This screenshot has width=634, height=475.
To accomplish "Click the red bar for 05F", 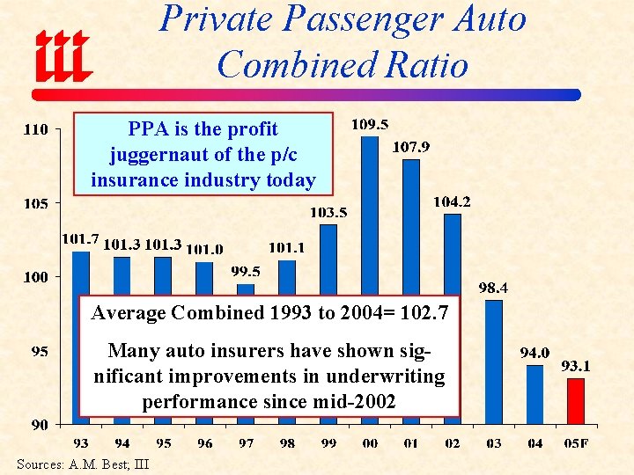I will tap(576, 401).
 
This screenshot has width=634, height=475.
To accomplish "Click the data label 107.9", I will tap(410, 147).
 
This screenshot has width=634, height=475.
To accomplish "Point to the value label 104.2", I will tap(452, 202).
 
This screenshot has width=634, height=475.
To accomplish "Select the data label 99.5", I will tap(246, 271).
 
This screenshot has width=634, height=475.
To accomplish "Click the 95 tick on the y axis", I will tap(40, 352).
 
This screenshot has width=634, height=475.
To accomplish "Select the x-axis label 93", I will tap(80, 443).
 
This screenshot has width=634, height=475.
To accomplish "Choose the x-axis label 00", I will tap(370, 443).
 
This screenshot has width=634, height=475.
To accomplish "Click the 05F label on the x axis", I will tap(576, 443).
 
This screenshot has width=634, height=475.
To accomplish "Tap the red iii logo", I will tap(63, 54).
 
